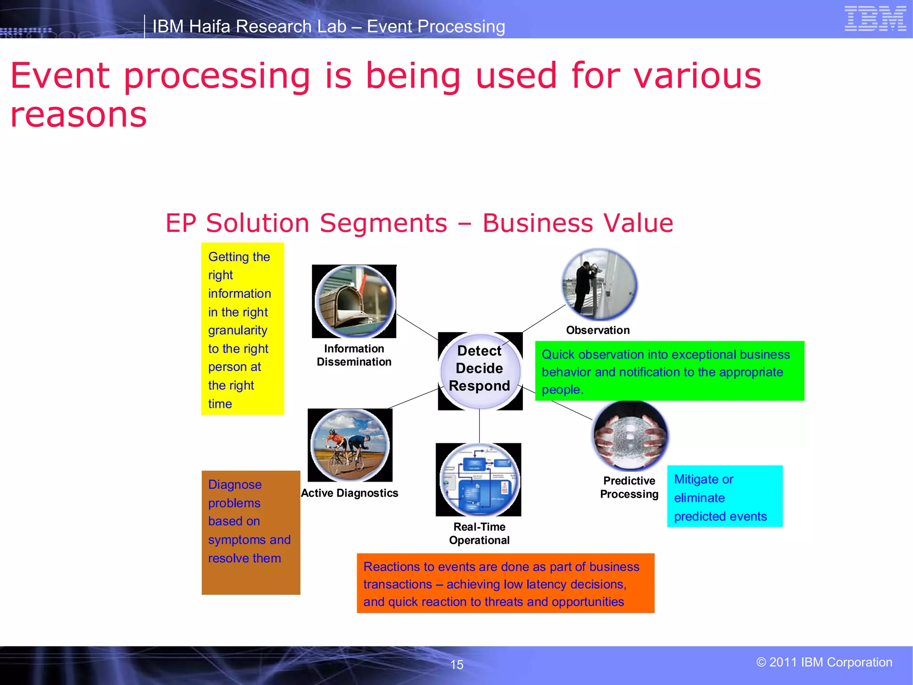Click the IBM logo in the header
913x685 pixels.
(875, 19)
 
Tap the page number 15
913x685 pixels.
(456, 664)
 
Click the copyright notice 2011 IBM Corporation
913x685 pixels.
(824, 662)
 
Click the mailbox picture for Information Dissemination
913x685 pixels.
(354, 301)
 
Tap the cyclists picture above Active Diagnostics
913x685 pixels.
(350, 445)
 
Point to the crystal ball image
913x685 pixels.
(630, 435)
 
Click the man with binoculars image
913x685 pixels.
(599, 285)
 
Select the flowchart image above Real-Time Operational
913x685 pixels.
(479, 479)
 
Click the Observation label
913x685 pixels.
(598, 330)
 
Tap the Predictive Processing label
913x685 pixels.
(629, 487)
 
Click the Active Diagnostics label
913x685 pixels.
(350, 493)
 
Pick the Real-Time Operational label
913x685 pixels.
(479, 533)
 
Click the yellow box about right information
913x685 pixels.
(243, 329)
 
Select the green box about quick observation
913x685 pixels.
(670, 371)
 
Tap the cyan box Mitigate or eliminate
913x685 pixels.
(725, 496)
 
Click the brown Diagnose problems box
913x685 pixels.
(251, 532)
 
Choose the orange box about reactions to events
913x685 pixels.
(506, 583)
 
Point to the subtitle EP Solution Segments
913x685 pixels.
(419, 223)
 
